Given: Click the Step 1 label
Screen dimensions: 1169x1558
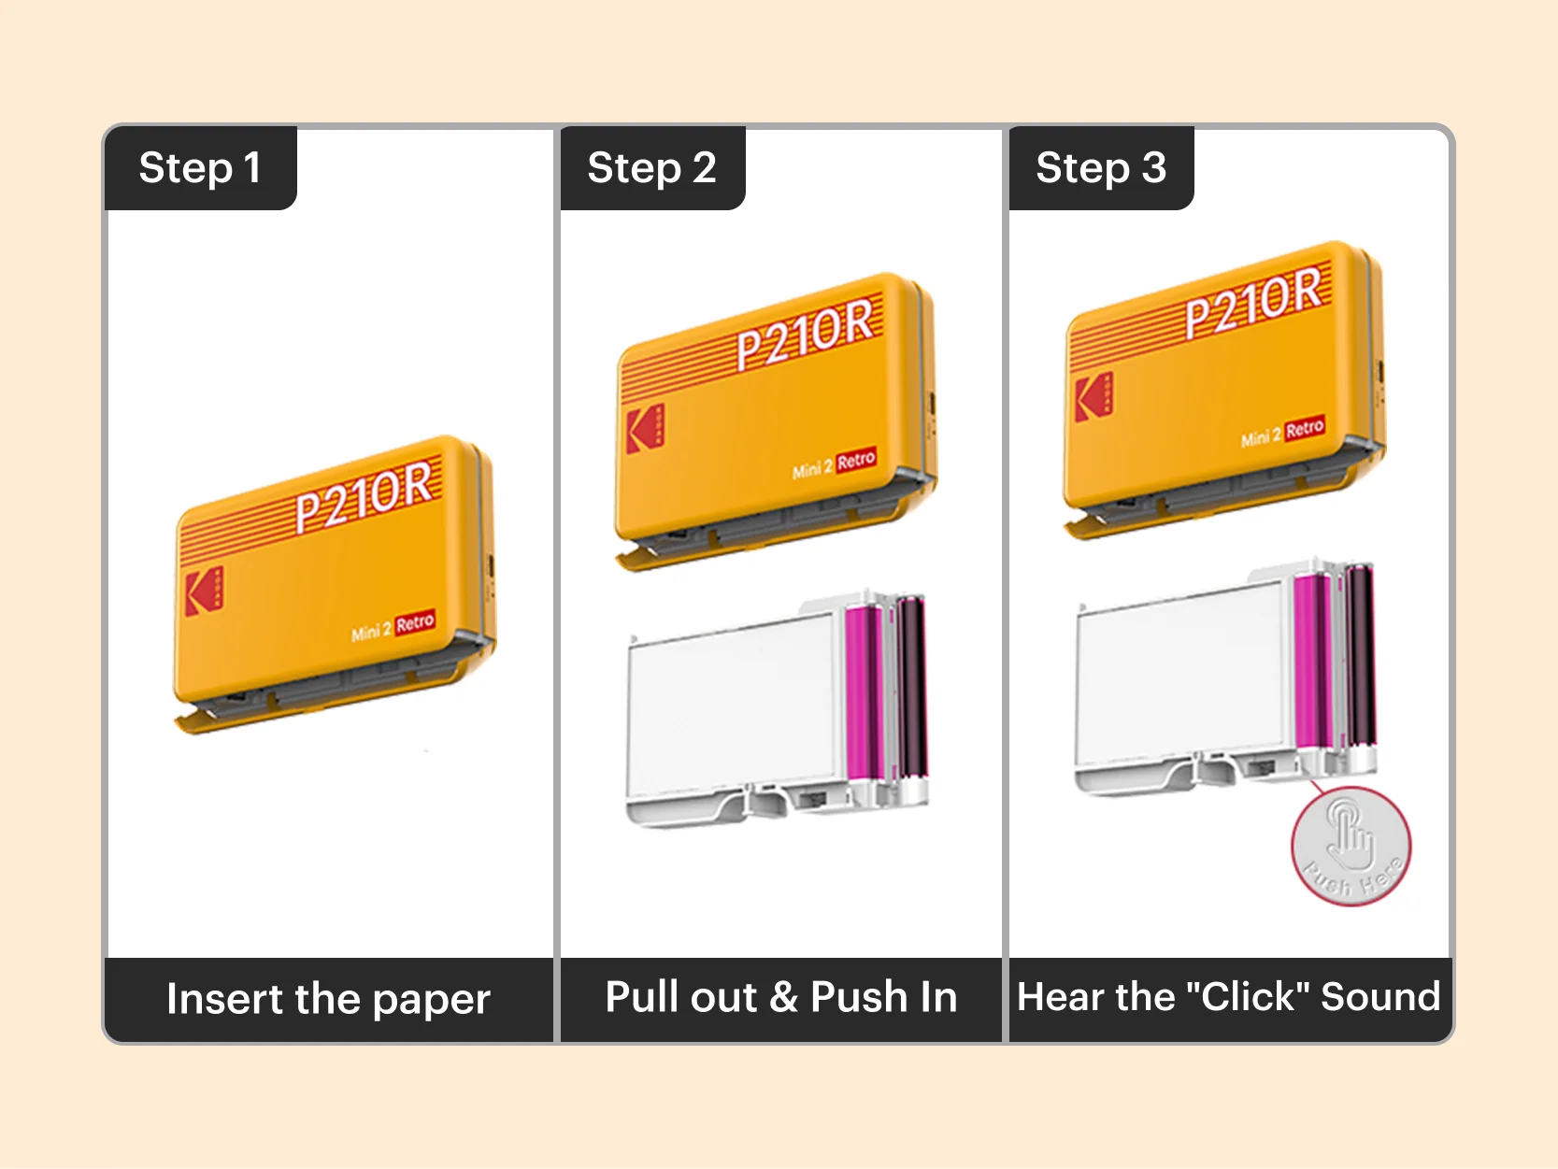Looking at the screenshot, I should pyautogui.click(x=199, y=168).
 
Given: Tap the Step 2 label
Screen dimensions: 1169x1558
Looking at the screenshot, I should pyautogui.click(x=651, y=168).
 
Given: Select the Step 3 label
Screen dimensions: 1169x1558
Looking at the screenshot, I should pyautogui.click(x=1100, y=168).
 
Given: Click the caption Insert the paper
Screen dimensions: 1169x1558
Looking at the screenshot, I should pyautogui.click(x=328, y=998).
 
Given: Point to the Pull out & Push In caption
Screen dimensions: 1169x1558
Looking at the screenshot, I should pyautogui.click(x=780, y=997).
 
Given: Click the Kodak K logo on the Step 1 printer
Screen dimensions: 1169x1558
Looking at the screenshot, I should pyautogui.click(x=204, y=590).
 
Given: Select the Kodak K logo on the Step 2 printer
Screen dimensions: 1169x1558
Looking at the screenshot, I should pyautogui.click(x=645, y=429).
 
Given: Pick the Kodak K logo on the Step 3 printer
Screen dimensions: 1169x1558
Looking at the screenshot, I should pyautogui.click(x=1093, y=396).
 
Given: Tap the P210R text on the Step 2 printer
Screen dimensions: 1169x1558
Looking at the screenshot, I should pyautogui.click(x=805, y=334).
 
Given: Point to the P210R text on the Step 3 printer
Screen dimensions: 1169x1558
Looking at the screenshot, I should pyautogui.click(x=1253, y=301).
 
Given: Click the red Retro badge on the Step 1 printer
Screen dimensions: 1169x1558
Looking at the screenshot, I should pyautogui.click(x=415, y=622).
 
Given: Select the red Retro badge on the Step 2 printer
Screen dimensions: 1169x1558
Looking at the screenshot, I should pyautogui.click(x=855, y=460).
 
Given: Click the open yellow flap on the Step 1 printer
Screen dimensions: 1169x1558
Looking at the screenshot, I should pyautogui.click(x=201, y=720).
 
